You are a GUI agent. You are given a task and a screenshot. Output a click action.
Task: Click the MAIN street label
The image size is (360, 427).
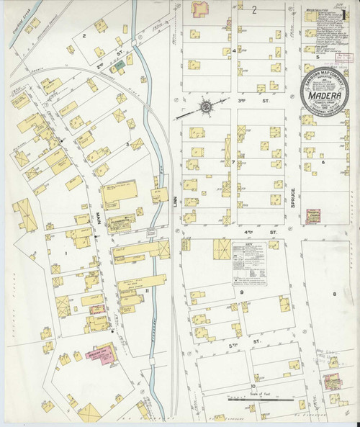click(x=91, y=216)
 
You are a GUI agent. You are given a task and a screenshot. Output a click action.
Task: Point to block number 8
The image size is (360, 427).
click(x=334, y=295)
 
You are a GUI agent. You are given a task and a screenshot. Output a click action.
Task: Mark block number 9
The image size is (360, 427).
click(x=242, y=292)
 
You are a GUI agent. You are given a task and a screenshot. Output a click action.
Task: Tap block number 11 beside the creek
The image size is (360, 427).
click(x=146, y=290)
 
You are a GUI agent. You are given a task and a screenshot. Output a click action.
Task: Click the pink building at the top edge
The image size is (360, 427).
click(x=198, y=9)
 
